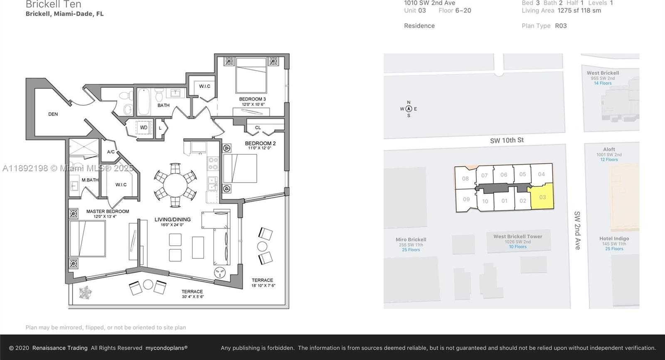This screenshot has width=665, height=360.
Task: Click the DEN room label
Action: point(53,114)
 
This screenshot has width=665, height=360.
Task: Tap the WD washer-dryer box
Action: point(143,128)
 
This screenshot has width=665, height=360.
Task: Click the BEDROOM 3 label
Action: point(252,99)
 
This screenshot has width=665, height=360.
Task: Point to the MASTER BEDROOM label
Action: point(108,211)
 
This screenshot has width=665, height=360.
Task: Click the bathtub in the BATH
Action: point(143,101)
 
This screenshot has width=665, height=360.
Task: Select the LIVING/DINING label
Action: point(172,219)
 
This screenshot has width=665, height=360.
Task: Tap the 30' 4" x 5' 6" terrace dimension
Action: point(192,296)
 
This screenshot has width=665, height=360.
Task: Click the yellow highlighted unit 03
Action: point(542,197)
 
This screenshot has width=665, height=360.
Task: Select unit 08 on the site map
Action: point(465,179)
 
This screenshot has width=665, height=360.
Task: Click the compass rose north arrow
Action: point(409,109)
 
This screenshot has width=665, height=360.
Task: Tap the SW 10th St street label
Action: point(507,141)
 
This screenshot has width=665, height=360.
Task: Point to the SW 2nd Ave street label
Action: point(577,230)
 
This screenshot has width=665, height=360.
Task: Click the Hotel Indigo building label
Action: point(614,239)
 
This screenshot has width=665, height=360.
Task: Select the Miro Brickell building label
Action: point(411,239)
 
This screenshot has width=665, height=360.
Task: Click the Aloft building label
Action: point(609,149)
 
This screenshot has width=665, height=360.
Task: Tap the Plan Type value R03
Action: point(561,26)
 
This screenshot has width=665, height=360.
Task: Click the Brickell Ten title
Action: point(53,5)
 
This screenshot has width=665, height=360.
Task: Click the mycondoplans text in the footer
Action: point(166,348)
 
